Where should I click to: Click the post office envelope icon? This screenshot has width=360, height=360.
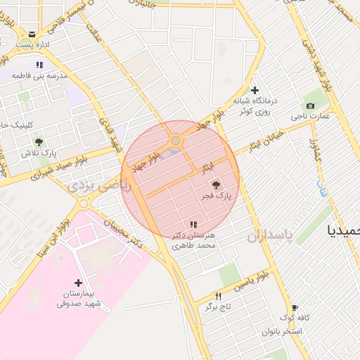(32, 34)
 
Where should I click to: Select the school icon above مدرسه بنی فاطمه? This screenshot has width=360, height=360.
(49, 65)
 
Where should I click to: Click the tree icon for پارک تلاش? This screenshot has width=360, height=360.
(39, 141)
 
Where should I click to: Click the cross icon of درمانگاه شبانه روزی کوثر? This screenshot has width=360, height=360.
(255, 90)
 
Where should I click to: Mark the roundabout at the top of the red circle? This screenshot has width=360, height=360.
(175, 141)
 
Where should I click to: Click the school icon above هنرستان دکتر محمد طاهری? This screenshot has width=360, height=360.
(193, 224)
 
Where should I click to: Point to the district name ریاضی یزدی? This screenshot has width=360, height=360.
(89, 186)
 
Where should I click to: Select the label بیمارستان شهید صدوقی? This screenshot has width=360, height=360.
(79, 298)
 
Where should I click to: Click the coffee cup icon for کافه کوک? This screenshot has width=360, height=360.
(295, 307)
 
